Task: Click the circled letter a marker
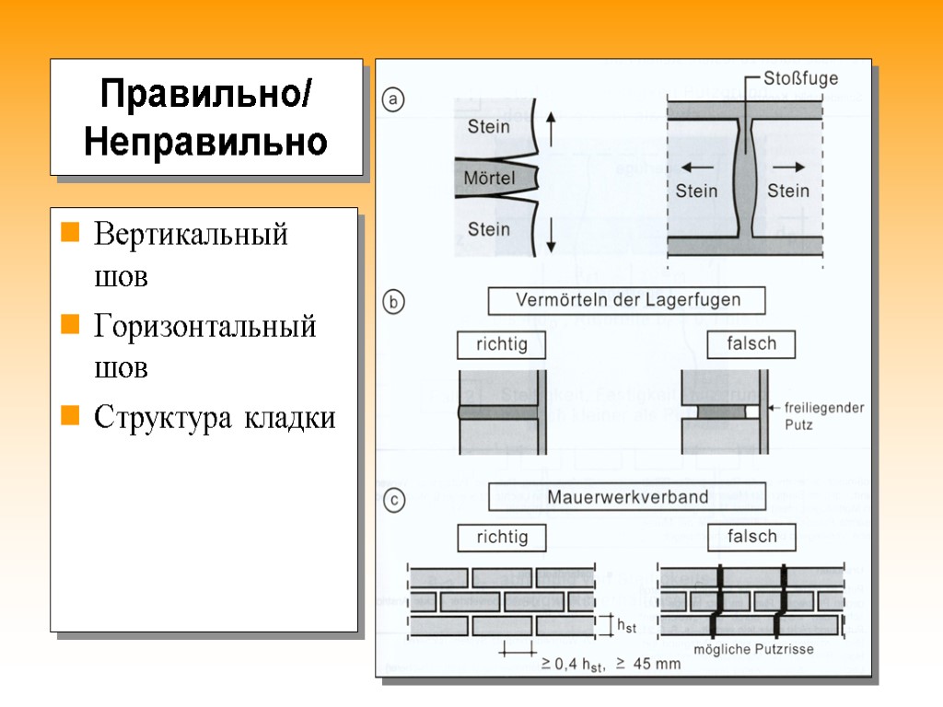click(x=393, y=100)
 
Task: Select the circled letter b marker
click(x=393, y=303)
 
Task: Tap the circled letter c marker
click(x=393, y=501)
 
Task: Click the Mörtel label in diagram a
click(x=489, y=178)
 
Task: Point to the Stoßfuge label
click(x=800, y=78)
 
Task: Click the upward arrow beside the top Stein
click(x=550, y=128)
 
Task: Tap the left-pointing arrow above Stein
click(x=698, y=168)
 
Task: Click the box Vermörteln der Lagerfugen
click(x=628, y=300)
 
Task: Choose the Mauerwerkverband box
click(x=628, y=498)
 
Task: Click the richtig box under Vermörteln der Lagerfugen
click(x=501, y=345)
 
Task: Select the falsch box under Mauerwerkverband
click(x=751, y=537)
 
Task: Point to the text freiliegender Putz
click(x=823, y=416)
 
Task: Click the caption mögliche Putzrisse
click(x=753, y=649)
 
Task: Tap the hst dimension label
click(x=626, y=627)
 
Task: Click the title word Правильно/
click(x=206, y=93)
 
